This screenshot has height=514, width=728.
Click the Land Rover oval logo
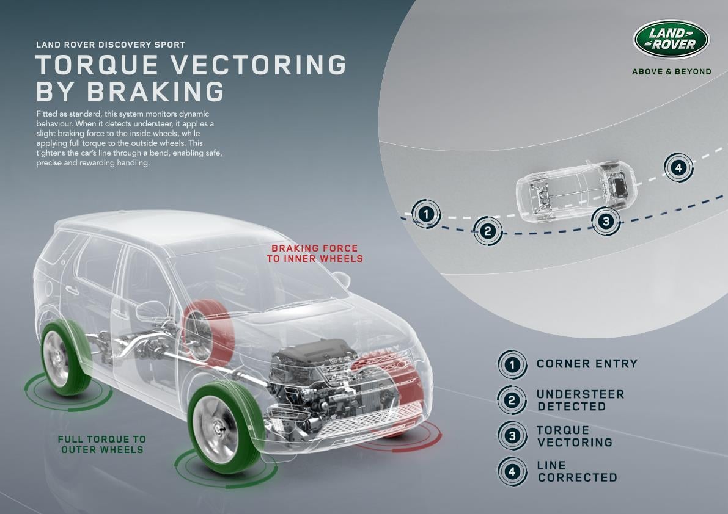[x=671, y=40]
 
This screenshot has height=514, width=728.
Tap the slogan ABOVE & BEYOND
[x=671, y=71]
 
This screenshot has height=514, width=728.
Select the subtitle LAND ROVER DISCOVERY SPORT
[x=111, y=45]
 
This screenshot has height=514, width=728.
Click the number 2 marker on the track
[x=488, y=231]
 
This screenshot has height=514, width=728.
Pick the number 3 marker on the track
[x=606, y=221]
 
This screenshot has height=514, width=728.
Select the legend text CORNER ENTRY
[x=587, y=364]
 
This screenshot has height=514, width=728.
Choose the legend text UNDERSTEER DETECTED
[x=580, y=400]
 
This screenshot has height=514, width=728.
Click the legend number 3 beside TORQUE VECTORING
[x=512, y=436]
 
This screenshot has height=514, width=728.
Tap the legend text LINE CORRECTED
[x=576, y=471]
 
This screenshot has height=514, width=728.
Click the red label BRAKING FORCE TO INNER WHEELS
[x=315, y=253]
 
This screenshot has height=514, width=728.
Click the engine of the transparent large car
[x=318, y=372]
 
